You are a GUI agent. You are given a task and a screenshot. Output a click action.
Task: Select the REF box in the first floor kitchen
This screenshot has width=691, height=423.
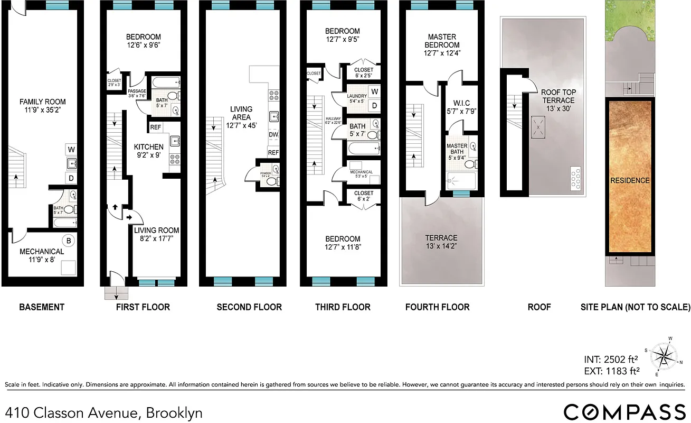click(156, 127)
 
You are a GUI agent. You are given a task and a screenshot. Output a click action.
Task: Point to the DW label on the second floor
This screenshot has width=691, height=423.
click(273, 134)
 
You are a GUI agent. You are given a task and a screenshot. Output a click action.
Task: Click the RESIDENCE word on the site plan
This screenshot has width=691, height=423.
click(630, 180)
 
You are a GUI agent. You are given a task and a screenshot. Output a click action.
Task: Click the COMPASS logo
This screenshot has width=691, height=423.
click(624, 412)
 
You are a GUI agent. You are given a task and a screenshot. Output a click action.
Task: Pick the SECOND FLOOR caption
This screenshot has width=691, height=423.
click(249, 307)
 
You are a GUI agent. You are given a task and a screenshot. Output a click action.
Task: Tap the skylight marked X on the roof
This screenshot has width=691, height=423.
click(538, 127)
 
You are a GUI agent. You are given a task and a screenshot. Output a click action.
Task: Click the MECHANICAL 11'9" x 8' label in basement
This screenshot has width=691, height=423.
click(42, 255)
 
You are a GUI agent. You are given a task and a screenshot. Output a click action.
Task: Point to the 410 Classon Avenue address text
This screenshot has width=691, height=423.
click(104, 412)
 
